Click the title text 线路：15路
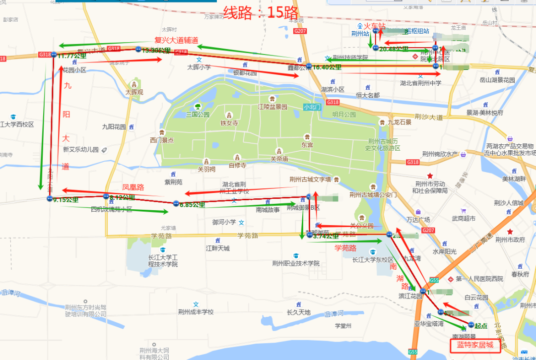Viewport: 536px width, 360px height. pyautogui.click(x=261, y=12)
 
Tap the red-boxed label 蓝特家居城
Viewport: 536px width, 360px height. pyautogui.click(x=475, y=345)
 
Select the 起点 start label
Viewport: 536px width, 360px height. pyautogui.click(x=480, y=326)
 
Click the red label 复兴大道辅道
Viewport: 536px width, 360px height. pyautogui.click(x=176, y=40)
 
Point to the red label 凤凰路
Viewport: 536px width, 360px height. pyautogui.click(x=133, y=187)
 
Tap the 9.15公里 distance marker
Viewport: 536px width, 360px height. pyautogui.click(x=65, y=199)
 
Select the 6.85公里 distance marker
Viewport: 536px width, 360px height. pyautogui.click(x=191, y=204)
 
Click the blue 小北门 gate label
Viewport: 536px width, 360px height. pyautogui.click(x=312, y=107)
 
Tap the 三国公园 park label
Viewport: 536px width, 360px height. pyautogui.click(x=198, y=114)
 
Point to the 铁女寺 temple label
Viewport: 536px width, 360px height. pyautogui.click(x=229, y=123)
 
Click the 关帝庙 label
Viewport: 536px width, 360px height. pyautogui.click(x=279, y=159)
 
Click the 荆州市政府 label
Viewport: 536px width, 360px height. pyautogui.click(x=510, y=240)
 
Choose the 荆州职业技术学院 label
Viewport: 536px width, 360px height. pyautogui.click(x=296, y=263)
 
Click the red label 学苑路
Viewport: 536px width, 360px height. pyautogui.click(x=345, y=247)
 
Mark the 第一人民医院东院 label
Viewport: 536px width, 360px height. pyautogui.click(x=479, y=279)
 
